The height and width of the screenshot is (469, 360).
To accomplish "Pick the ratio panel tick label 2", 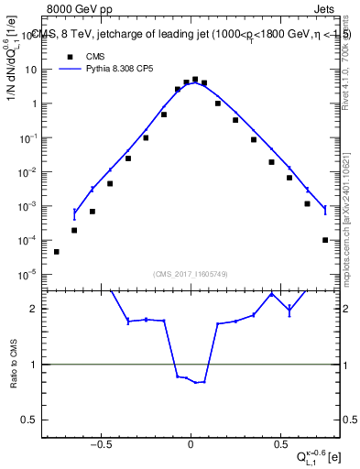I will [37, 309].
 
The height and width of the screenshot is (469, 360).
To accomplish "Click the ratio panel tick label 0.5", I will [33, 420].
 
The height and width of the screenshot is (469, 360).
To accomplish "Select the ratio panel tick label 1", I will [37, 365].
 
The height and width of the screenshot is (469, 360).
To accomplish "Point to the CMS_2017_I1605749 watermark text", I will [190, 273].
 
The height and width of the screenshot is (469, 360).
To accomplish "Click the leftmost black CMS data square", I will [57, 251].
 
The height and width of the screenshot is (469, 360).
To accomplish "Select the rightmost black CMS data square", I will [325, 240].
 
